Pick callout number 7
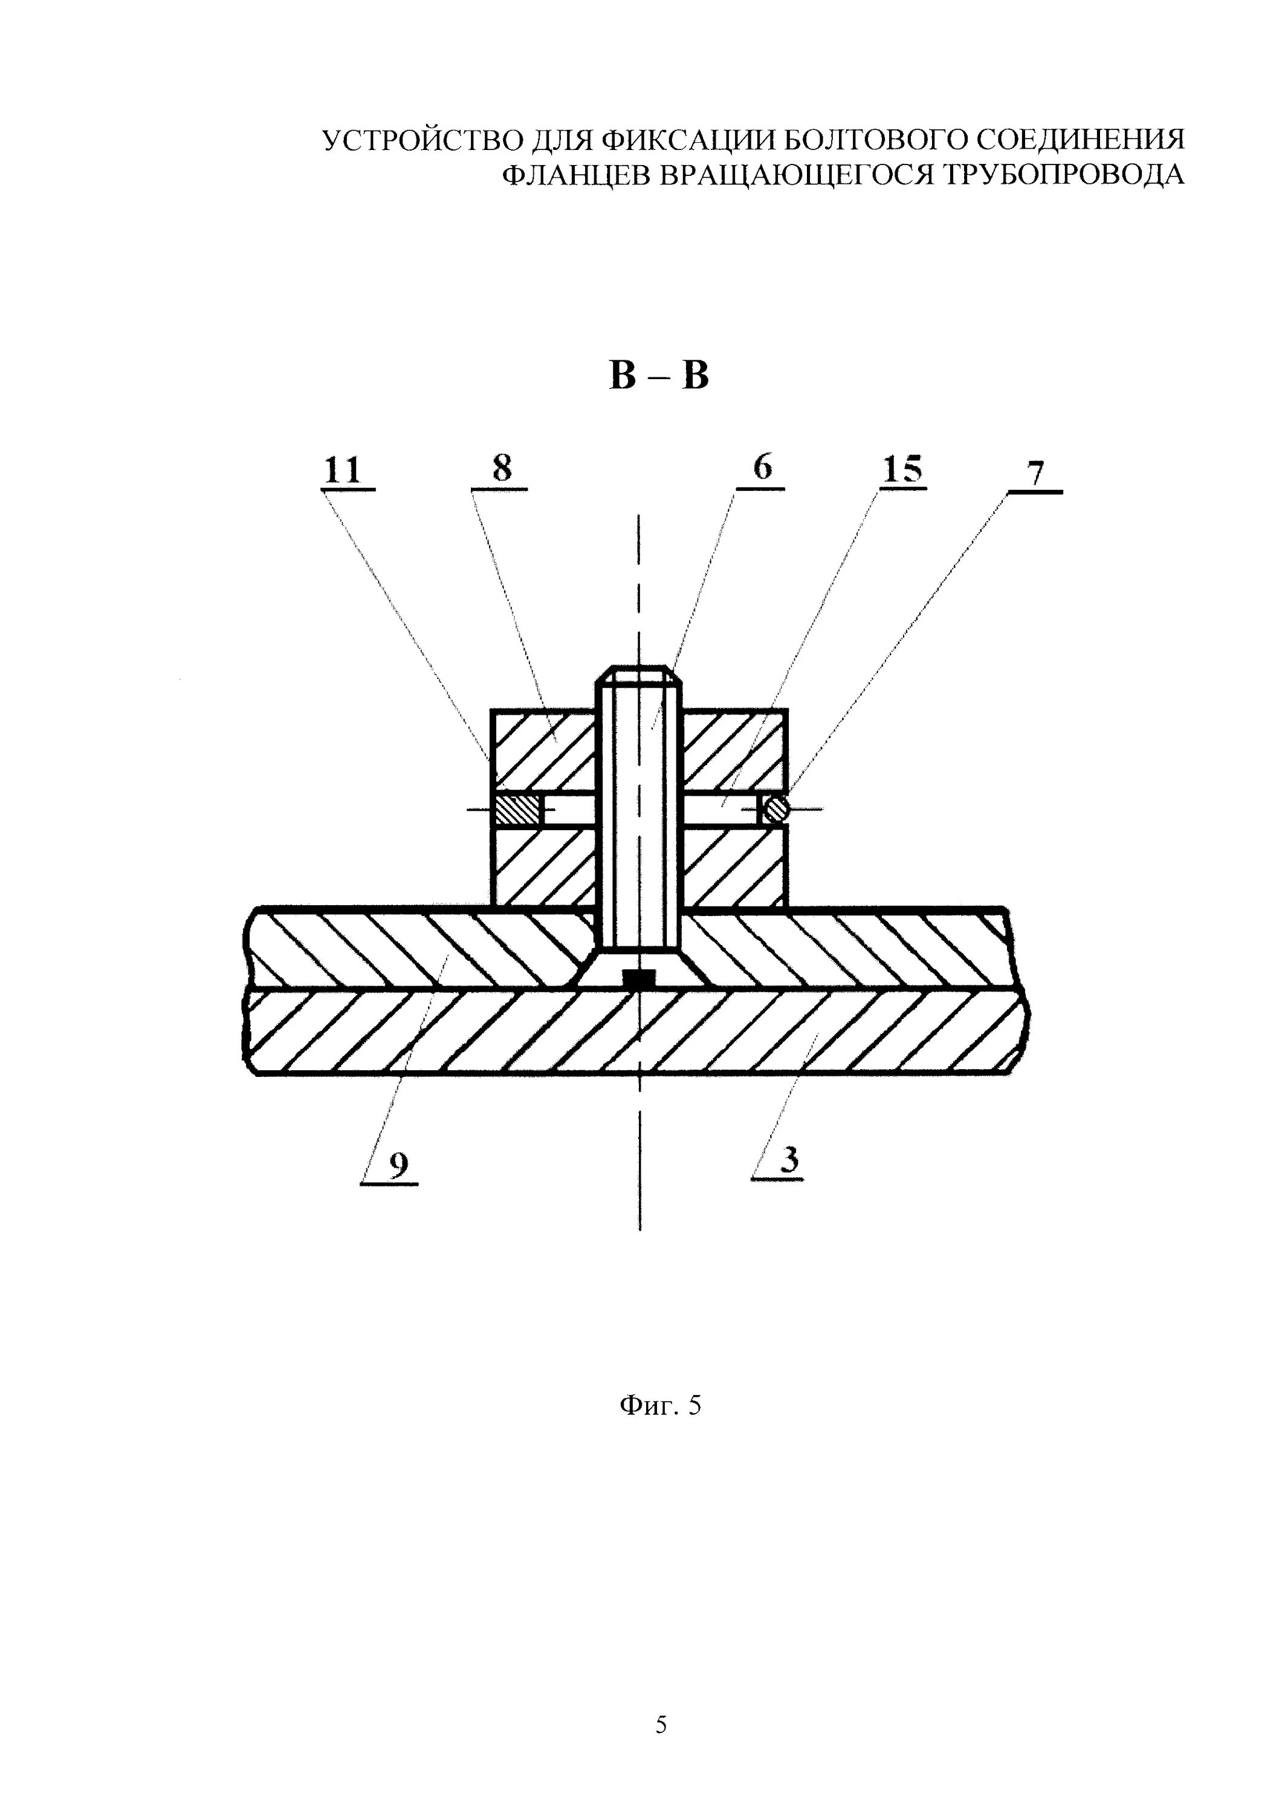[x=1035, y=474]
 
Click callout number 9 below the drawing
[x=399, y=1165]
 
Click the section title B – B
[x=659, y=376]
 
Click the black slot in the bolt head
[x=639, y=979]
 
